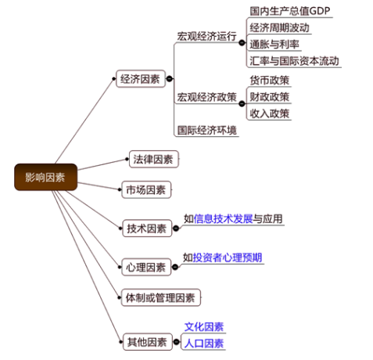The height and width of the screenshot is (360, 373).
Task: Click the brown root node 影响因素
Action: coord(45,177)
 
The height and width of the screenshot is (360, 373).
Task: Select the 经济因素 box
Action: coord(141,79)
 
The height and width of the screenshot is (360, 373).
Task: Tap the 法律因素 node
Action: coord(153,159)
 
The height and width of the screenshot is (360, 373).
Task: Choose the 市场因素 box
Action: coord(146,190)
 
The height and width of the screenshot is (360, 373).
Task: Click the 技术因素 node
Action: coord(147,229)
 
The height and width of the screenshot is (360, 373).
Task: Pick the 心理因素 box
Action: coord(146,267)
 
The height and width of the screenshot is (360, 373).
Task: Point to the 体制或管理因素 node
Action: coord(160,297)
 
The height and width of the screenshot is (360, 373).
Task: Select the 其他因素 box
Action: coord(148,342)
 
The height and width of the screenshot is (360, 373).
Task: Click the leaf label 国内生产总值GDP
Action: coord(290,11)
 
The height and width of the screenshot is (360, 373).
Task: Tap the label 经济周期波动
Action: coord(279,27)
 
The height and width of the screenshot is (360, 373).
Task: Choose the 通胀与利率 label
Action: coord(274,45)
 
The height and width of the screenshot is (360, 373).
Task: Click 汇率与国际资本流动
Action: coord(294,61)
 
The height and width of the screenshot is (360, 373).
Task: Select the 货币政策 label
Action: coord(270,81)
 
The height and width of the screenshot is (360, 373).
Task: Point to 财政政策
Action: coord(270,97)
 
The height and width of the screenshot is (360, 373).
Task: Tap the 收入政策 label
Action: coord(270,113)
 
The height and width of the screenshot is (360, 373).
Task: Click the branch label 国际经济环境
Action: coord(207,130)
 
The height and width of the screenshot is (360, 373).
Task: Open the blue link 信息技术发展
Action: coord(223,219)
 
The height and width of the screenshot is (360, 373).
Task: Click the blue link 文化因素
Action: coord(204,327)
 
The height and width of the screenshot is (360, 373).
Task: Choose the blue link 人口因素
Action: coord(204,344)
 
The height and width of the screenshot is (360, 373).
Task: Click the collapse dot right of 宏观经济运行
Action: coord(242,42)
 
